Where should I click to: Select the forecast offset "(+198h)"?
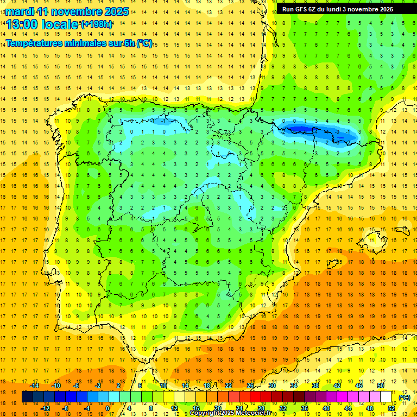(97, 24)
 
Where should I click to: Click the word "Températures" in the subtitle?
(37, 43)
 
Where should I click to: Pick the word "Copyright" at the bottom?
(205, 413)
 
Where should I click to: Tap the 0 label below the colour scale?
(107, 408)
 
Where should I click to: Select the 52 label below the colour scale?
(391, 408)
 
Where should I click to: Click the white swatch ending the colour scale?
(386, 397)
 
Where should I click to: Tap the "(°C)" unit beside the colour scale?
(404, 397)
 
